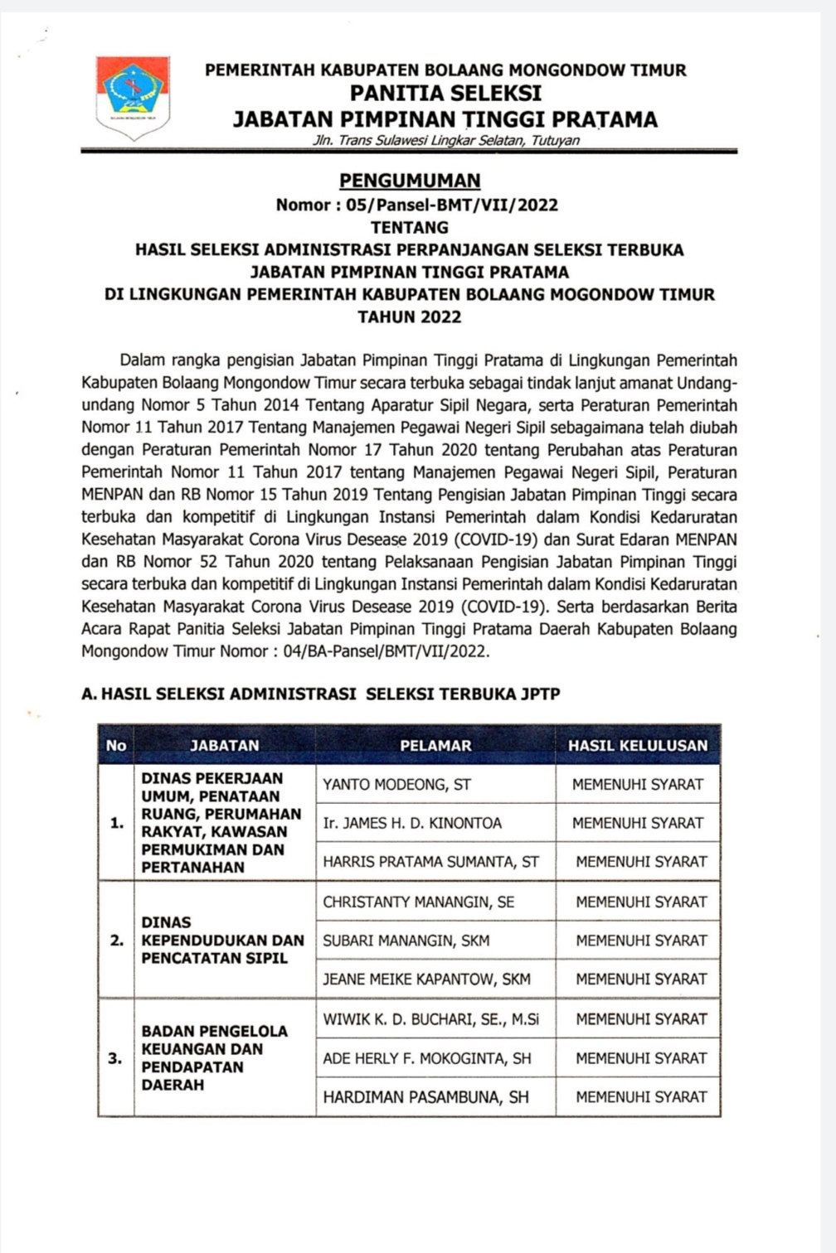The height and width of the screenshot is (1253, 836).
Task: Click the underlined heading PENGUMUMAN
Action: tap(410, 181)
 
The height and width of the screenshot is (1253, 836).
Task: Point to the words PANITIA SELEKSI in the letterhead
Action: tap(445, 93)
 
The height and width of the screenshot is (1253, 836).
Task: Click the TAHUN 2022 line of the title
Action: tap(410, 317)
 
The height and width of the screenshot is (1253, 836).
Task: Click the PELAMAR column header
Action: tap(435, 745)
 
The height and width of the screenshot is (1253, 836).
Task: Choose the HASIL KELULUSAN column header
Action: tap(638, 745)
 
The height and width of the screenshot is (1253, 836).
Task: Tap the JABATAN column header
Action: tap(225, 745)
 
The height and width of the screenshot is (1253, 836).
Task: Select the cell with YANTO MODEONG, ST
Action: tap(397, 784)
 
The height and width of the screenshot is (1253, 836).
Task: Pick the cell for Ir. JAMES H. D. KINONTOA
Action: tap(412, 823)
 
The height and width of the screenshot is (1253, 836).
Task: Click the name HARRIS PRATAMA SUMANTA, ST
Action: tap(430, 862)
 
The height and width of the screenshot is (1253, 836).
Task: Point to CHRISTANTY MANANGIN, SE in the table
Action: tap(418, 902)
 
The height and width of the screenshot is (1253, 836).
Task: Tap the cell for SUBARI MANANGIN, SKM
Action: tap(406, 941)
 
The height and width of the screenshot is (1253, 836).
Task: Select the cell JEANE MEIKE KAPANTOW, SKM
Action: tap(426, 979)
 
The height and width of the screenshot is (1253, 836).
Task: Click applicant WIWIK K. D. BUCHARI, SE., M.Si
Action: tap(430, 1019)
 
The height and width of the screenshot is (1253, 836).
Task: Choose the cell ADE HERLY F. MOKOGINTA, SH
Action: tap(427, 1058)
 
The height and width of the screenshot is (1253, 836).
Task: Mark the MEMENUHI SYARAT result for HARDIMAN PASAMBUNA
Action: tap(641, 1096)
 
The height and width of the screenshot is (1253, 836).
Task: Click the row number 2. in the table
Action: tap(117, 941)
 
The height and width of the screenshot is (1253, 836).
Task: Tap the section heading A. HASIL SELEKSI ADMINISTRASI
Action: tap(320, 694)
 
